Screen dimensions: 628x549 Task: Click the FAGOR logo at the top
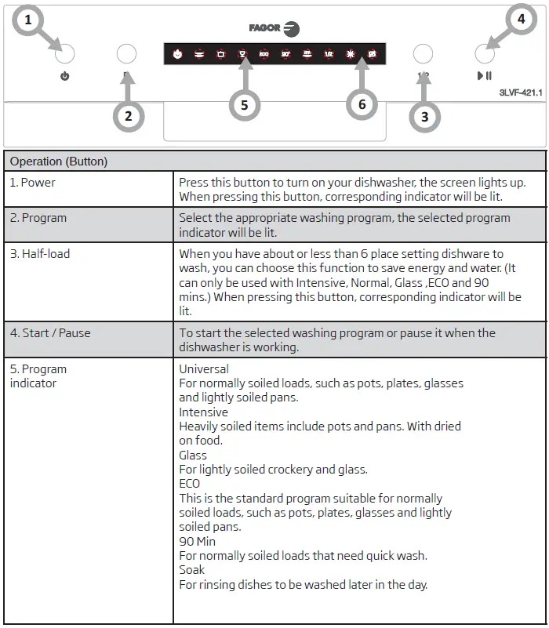(274, 28)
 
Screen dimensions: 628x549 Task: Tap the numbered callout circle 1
(29, 20)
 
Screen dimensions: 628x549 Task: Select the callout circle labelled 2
(129, 117)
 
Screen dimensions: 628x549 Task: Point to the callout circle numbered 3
(424, 117)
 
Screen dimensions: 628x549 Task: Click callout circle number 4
(522, 20)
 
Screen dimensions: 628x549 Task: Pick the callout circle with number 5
(245, 105)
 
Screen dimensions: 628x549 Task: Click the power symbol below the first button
(64, 77)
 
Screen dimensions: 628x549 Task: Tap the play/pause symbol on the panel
(485, 76)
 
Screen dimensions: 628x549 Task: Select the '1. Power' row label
(33, 183)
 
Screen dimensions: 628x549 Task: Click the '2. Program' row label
(37, 218)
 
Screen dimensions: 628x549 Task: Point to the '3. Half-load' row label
(40, 254)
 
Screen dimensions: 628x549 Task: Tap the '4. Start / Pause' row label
(50, 332)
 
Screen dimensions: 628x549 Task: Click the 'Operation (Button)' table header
(59, 162)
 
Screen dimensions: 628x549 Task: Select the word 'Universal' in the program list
(204, 368)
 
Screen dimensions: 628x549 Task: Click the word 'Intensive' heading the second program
(203, 412)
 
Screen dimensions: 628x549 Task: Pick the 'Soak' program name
(191, 570)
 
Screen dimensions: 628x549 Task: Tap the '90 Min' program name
(197, 541)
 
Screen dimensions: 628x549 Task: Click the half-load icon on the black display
(329, 54)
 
